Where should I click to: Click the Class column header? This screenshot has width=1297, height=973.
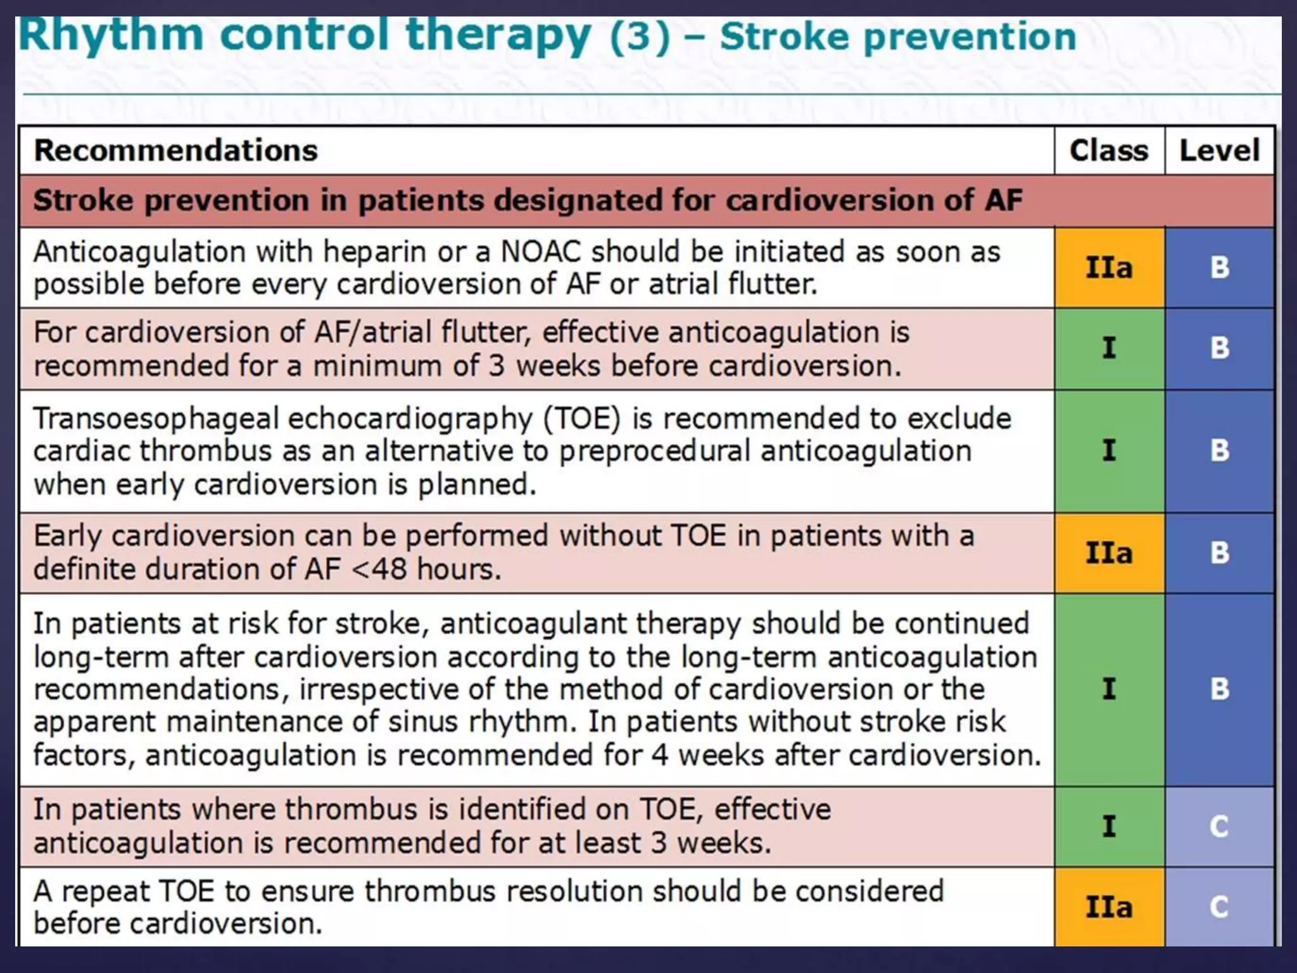1108,151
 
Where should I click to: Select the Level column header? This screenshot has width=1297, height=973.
1219,151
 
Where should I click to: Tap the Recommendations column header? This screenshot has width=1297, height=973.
175,151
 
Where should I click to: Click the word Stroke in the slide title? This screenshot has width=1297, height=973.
785,37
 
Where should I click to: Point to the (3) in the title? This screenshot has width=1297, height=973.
639,37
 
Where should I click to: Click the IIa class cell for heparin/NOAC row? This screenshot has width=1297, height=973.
1109,267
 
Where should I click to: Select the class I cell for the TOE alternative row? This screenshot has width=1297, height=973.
1109,450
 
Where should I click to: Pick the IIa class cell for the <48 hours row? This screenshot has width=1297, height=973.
1109,553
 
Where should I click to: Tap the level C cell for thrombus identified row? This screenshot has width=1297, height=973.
1219,826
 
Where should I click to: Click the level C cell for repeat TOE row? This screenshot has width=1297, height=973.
1219,907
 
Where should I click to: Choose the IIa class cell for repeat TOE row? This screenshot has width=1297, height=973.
1109,907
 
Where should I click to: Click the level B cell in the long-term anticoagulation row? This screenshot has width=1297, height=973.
1219,689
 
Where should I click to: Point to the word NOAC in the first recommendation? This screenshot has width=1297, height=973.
540,252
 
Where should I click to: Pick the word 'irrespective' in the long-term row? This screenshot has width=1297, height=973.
378,689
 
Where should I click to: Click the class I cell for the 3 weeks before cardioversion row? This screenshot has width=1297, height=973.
1109,348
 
